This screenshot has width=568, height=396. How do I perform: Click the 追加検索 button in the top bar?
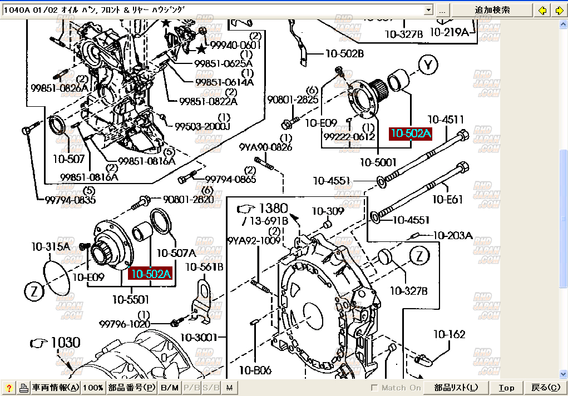[492, 10]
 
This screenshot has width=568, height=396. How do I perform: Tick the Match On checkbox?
[374, 388]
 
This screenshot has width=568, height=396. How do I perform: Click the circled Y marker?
[428, 66]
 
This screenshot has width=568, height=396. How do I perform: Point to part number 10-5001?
[378, 162]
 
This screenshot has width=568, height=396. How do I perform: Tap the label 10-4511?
[446, 120]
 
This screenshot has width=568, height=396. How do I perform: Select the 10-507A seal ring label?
[176, 253]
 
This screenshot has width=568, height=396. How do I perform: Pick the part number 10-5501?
[131, 300]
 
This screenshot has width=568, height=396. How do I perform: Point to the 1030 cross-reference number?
[66, 343]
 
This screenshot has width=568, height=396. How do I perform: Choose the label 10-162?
[449, 334]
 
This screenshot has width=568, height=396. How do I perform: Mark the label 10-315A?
[51, 246]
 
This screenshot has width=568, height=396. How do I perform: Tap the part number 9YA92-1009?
[254, 241]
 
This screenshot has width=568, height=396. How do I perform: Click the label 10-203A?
[452, 236]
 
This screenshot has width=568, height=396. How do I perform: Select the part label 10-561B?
[204, 267]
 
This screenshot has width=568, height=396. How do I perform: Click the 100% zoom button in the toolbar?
[93, 388]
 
